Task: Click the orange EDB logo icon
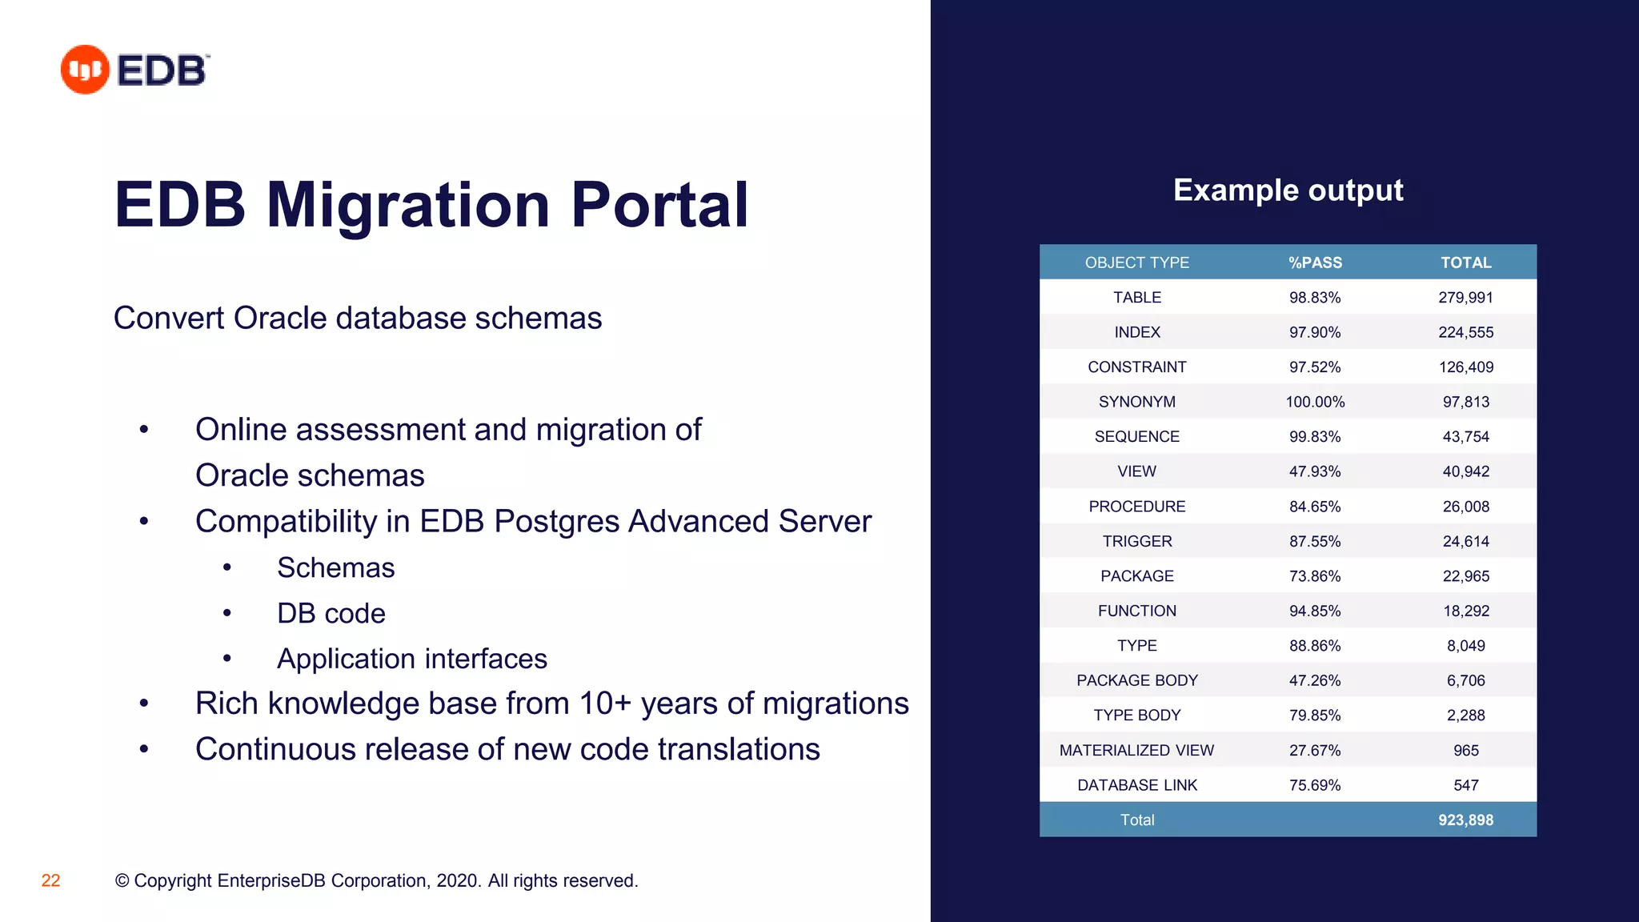pos(84,70)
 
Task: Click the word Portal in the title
pos(659,205)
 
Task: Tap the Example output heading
pos(1288,190)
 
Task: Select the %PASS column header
pos(1315,263)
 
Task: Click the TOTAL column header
pos(1465,263)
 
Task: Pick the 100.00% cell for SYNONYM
pos(1315,402)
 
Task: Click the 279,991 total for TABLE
pos(1465,298)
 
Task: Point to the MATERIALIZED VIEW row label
pos(1136,751)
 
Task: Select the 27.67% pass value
pos(1315,751)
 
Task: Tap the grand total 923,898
pos(1465,820)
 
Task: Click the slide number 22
pos(50,880)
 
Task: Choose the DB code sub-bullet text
pos(331,614)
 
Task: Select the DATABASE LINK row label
pos(1136,785)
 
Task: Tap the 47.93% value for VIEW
pos(1315,471)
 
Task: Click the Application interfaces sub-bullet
pos(411,659)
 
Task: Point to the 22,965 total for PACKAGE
pos(1465,576)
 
